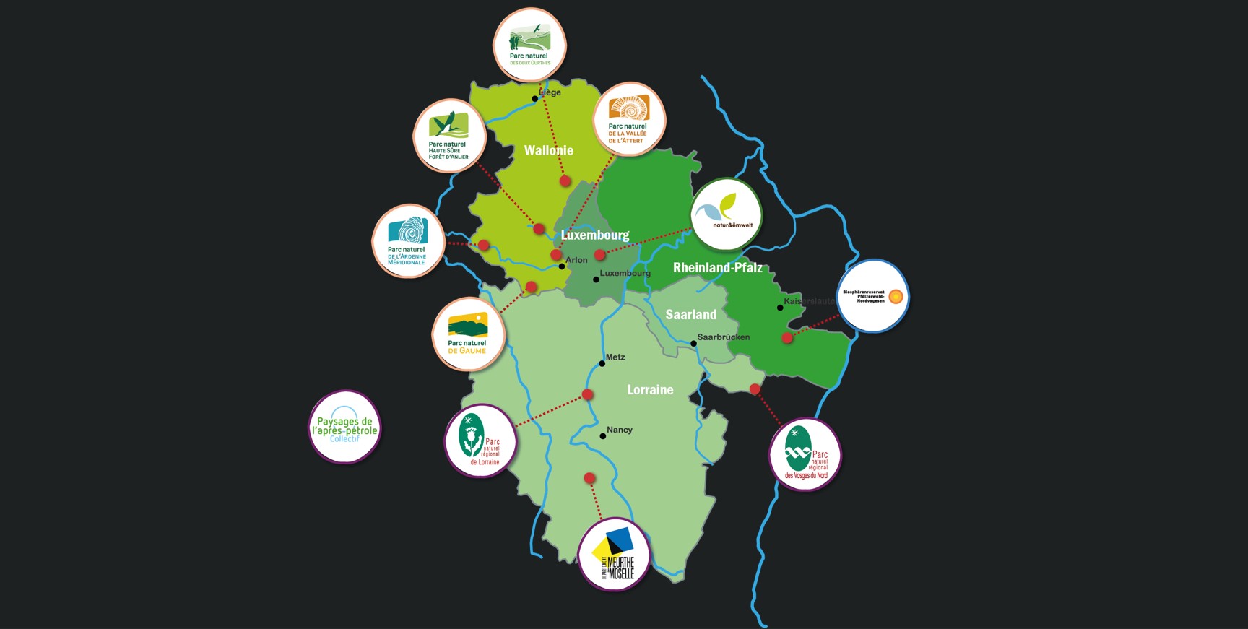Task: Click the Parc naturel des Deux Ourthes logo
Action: pos(529,45)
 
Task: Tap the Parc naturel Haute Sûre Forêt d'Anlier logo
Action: pos(449,136)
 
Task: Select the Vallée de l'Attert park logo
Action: pos(629,119)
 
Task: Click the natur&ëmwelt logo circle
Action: pos(727,214)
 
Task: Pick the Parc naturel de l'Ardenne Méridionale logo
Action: pos(408,241)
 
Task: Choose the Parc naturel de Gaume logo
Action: pos(468,334)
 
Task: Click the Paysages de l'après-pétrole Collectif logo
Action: pos(344,428)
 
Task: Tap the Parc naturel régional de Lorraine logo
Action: pos(480,441)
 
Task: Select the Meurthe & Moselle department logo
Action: pos(615,555)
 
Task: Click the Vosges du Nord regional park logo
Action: pos(805,454)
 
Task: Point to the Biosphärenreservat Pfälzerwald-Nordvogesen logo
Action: pos(873,296)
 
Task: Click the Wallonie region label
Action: pos(549,150)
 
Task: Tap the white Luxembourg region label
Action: pos(595,235)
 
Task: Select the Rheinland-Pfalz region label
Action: pos(717,267)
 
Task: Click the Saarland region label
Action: pos(691,314)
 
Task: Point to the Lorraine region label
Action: pos(650,389)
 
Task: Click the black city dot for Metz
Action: pos(602,363)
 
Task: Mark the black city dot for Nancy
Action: pos(603,436)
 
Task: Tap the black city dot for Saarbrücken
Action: pos(693,344)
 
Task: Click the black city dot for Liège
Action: pos(535,99)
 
